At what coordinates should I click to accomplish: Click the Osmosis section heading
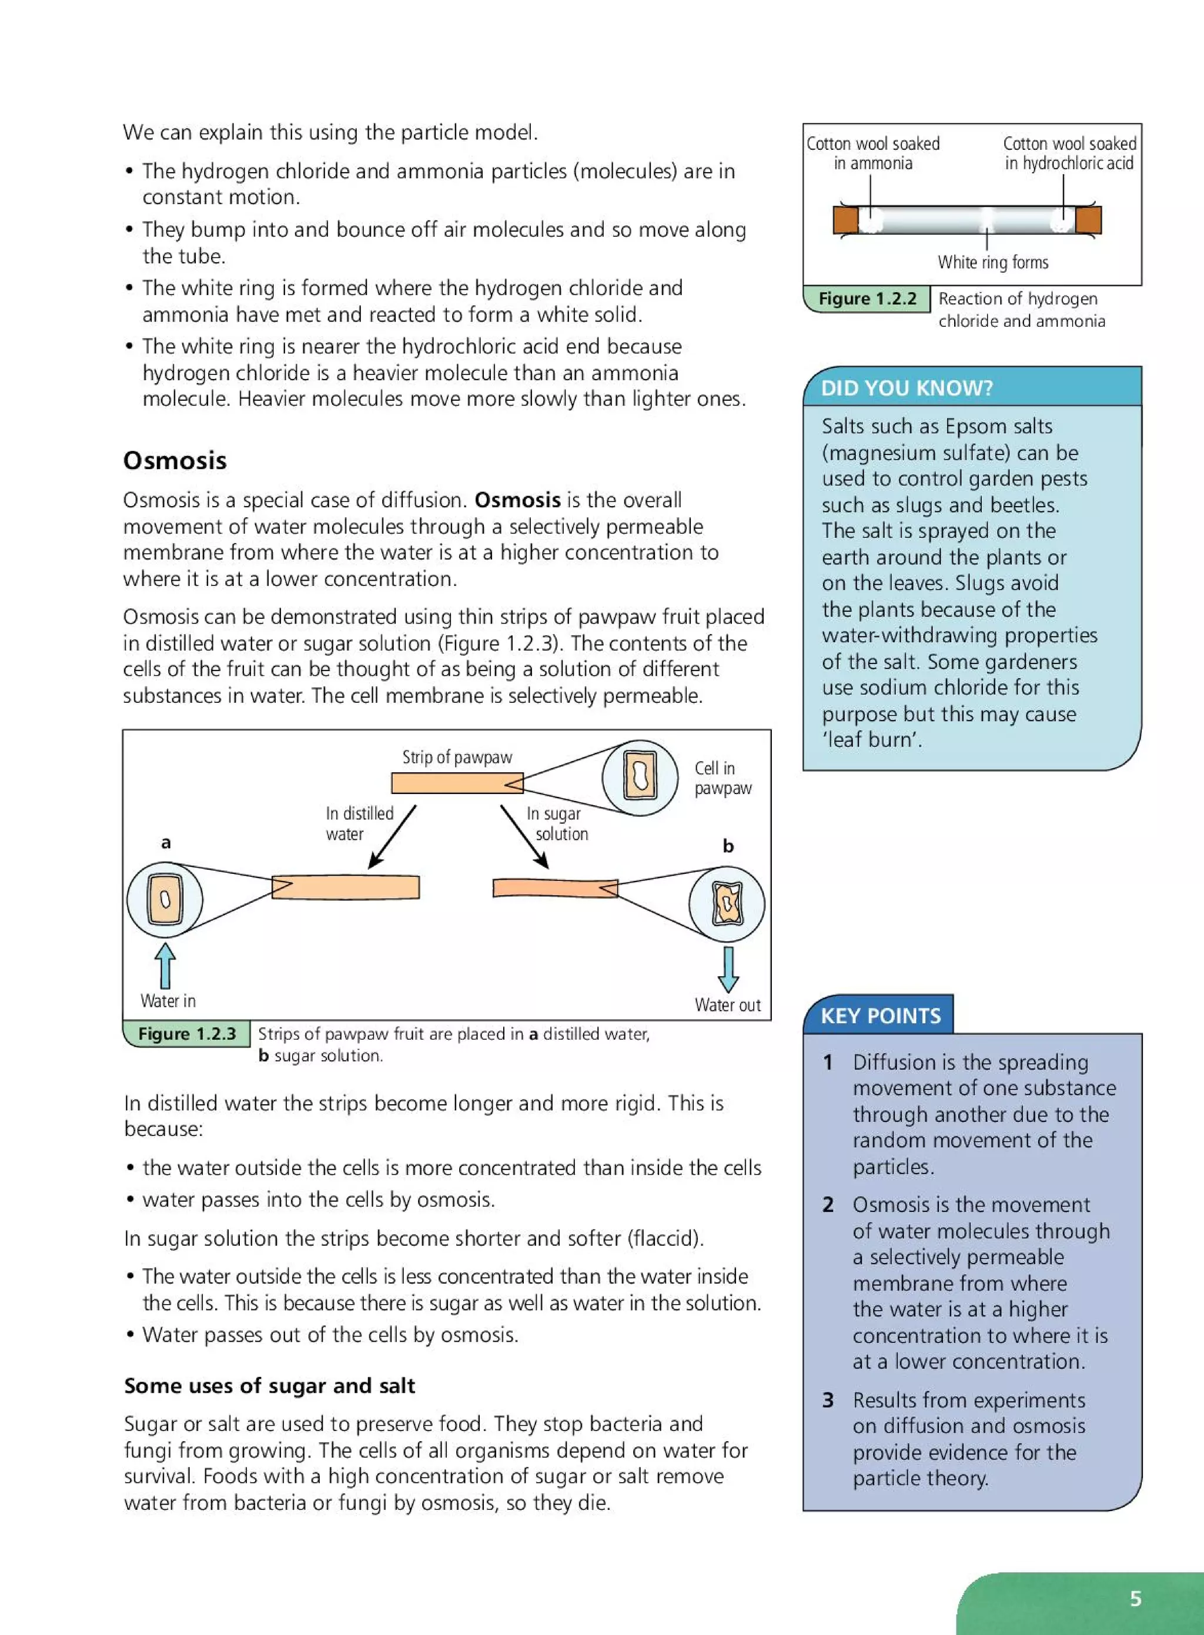(175, 461)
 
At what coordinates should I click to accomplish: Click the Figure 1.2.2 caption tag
(867, 299)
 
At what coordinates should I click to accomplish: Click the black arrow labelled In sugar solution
(524, 836)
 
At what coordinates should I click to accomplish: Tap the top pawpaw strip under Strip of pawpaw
(457, 783)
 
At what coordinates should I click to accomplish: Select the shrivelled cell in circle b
(727, 904)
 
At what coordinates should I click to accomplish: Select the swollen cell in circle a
(165, 899)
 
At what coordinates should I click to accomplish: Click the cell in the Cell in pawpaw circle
(640, 777)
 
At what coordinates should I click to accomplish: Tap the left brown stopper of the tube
(846, 219)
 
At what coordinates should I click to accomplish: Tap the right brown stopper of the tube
(1088, 219)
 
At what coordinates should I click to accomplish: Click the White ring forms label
(992, 262)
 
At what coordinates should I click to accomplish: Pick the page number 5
(1135, 1599)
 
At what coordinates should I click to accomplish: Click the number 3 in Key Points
(828, 1400)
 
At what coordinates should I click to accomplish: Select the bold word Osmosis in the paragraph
(517, 500)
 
